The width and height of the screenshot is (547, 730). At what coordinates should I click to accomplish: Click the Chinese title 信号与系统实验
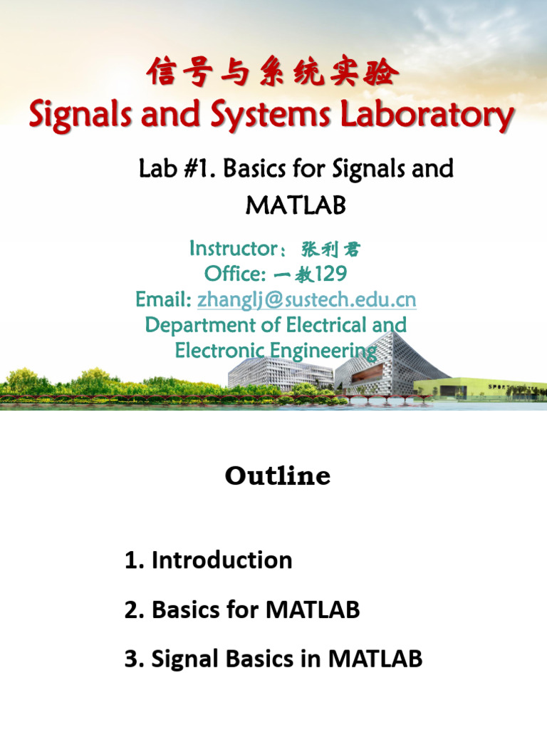click(272, 73)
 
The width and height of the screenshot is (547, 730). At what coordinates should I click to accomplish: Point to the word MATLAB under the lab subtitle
click(296, 205)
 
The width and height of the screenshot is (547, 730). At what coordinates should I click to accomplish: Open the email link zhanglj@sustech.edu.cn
click(306, 299)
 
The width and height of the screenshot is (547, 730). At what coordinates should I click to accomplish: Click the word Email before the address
click(163, 299)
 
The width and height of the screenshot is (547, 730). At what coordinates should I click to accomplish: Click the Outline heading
click(278, 475)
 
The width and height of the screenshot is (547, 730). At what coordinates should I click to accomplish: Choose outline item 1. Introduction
click(208, 560)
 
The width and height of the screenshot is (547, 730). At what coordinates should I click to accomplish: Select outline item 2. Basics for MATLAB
click(242, 610)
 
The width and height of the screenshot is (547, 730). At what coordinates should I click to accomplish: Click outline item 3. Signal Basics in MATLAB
click(273, 659)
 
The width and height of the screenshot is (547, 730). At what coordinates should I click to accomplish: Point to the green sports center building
click(491, 389)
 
